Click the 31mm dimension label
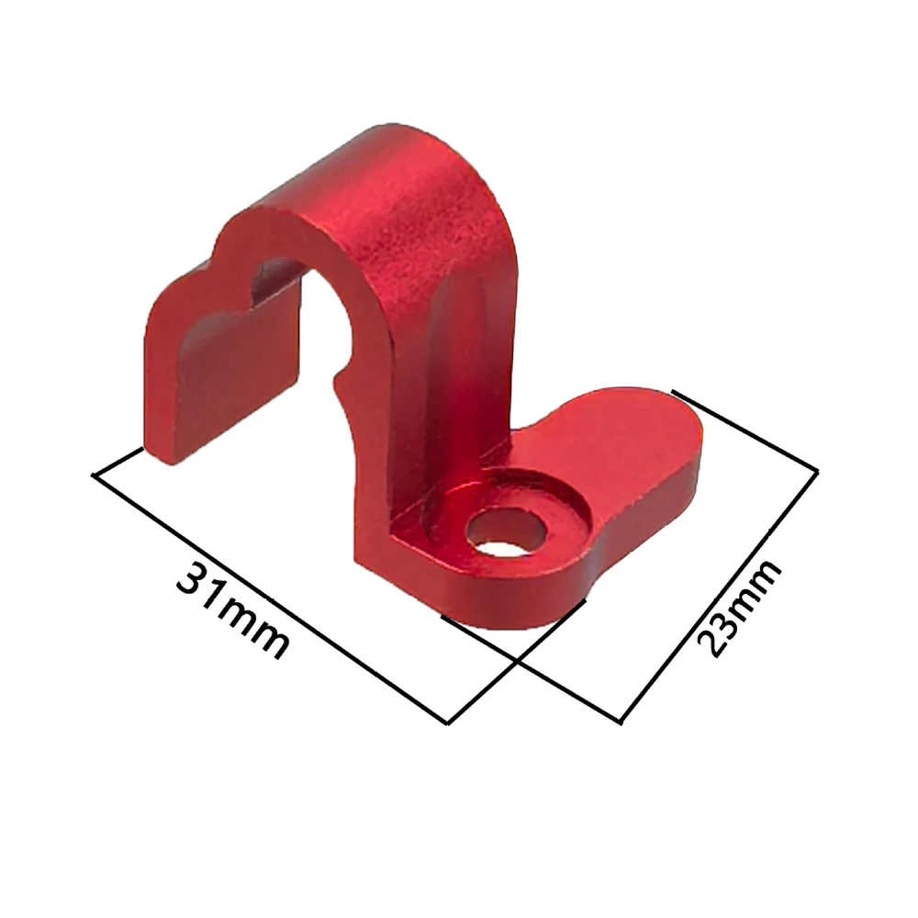click(233, 610)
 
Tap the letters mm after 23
click(756, 586)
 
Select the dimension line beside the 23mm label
click(719, 598)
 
